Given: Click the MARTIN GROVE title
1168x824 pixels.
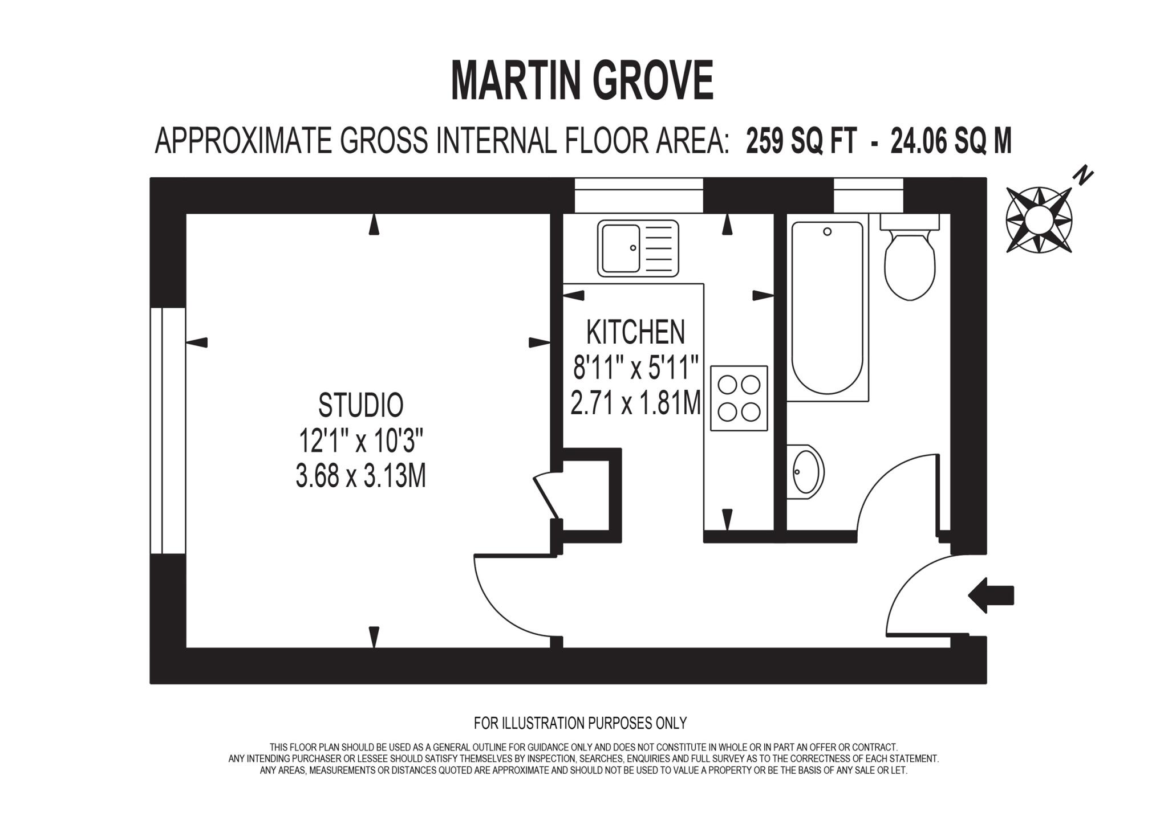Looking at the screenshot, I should tap(582, 80).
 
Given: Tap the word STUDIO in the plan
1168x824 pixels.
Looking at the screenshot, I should tap(360, 405).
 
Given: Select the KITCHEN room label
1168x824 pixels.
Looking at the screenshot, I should tap(635, 332).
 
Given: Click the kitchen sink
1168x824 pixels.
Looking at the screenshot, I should tap(638, 248).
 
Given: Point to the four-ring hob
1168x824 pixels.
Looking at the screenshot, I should tap(739, 398).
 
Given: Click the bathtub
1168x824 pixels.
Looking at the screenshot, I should tap(827, 308).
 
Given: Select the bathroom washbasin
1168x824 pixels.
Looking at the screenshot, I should tap(806, 471).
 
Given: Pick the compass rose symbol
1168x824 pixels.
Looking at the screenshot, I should tap(1039, 219).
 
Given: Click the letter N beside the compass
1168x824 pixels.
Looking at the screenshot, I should tap(1082, 176).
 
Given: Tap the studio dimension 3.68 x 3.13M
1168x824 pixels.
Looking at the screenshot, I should tap(360, 476).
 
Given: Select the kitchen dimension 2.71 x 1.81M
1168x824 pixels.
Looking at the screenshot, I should tap(635, 404).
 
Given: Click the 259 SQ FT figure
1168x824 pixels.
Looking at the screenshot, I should tap(801, 141).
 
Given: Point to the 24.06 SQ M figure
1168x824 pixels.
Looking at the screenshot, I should tap(951, 141).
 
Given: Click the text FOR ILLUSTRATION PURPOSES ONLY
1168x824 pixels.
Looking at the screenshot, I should tap(580, 723).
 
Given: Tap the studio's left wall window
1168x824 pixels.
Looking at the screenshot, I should tap(168, 430).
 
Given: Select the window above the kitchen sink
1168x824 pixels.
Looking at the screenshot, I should tap(638, 195).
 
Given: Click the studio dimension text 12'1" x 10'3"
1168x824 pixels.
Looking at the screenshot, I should tap(360, 440).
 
